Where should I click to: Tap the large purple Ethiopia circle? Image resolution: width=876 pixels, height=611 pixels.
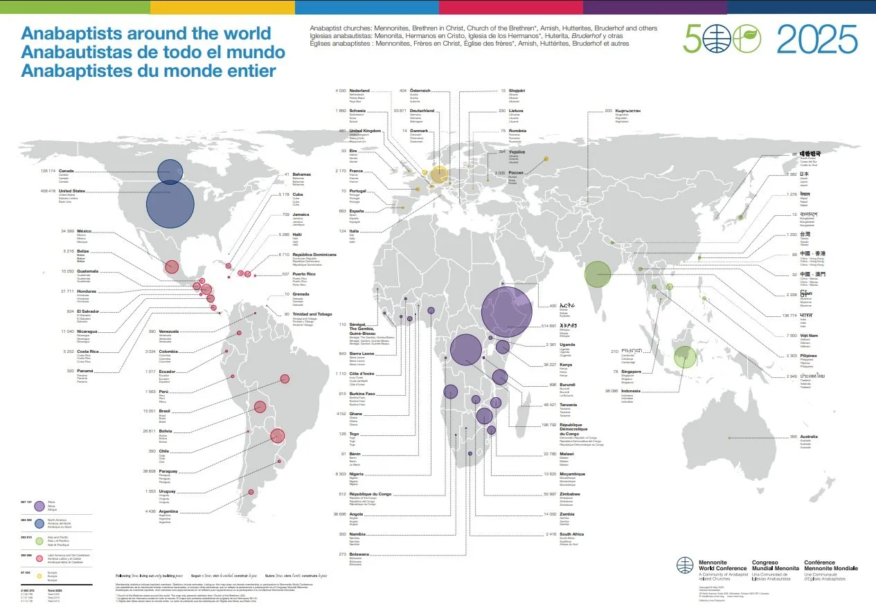[x=507, y=311]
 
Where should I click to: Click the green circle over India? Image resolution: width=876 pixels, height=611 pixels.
[x=597, y=273]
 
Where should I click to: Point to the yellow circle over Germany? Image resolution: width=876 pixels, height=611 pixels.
[x=440, y=174]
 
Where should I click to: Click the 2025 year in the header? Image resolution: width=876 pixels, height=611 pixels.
[x=817, y=39]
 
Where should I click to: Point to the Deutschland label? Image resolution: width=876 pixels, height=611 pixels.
[x=421, y=111]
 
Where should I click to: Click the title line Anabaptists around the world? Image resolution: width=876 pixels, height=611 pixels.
[x=145, y=33]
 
